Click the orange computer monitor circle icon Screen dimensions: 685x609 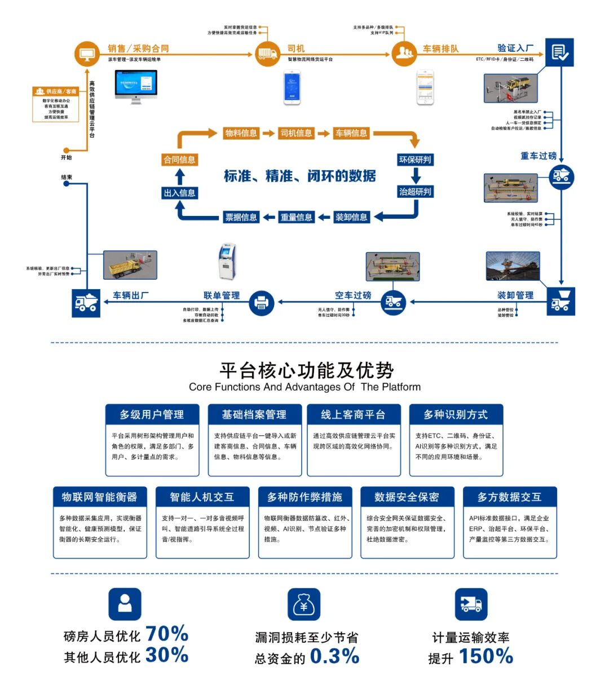coord(87,54)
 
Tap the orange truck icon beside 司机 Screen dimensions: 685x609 coord(267,54)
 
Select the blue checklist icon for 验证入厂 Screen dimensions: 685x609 coord(559,53)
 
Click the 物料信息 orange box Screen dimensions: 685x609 coord(241,133)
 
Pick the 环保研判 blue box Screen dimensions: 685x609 coord(415,160)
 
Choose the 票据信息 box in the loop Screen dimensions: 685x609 coord(241,217)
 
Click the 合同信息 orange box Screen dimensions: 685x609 coord(179,160)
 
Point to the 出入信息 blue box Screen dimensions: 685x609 coord(179,193)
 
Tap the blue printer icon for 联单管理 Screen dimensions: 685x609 coord(261,303)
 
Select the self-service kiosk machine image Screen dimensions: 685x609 coord(227,262)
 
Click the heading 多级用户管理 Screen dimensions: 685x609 coord(152,414)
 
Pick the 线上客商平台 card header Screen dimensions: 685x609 coord(353,414)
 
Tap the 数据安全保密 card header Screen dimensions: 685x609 coord(407,497)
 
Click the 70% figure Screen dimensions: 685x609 coord(167,634)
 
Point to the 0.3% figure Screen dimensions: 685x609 coord(334,656)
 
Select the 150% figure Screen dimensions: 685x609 coord(486,656)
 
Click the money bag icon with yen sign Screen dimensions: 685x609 coord(303,604)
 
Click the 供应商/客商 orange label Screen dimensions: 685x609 coord(56,91)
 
